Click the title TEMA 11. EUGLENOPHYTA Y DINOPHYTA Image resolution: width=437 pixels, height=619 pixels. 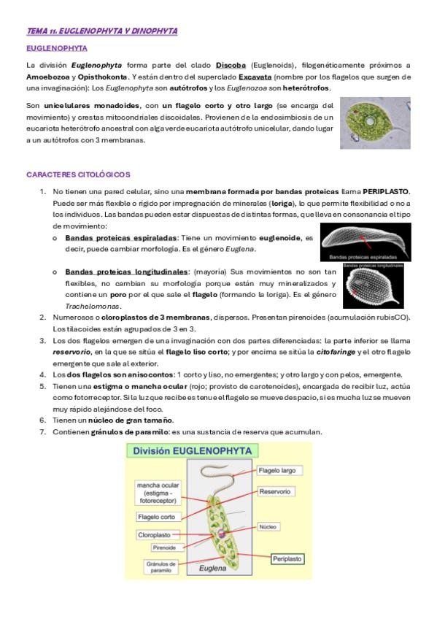point(101,31)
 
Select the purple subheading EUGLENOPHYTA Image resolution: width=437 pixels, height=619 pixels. point(57,49)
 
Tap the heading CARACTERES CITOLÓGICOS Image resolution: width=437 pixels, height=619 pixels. point(78,174)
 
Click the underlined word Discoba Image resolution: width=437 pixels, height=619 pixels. point(231,66)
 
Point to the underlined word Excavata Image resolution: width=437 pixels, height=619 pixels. point(255,77)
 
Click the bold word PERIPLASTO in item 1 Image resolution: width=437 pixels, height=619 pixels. point(385,192)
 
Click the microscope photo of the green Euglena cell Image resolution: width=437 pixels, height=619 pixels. point(375,123)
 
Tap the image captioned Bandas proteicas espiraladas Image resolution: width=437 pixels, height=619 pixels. point(366,242)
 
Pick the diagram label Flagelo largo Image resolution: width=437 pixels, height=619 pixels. point(279,471)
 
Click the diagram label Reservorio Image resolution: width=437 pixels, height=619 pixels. point(275,491)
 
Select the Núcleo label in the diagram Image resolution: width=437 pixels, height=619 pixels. point(268,526)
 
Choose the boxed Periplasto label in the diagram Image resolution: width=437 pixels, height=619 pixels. point(287,559)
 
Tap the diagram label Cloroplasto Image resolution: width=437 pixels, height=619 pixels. point(155,535)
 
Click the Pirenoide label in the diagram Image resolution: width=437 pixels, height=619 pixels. point(164,547)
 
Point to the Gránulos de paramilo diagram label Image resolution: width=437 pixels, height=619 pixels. point(161,567)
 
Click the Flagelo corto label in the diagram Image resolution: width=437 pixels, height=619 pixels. point(157,517)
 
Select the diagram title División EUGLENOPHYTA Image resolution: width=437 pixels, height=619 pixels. point(192,451)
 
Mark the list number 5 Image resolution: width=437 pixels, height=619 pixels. point(42,386)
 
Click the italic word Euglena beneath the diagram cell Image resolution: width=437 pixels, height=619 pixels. point(212,569)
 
